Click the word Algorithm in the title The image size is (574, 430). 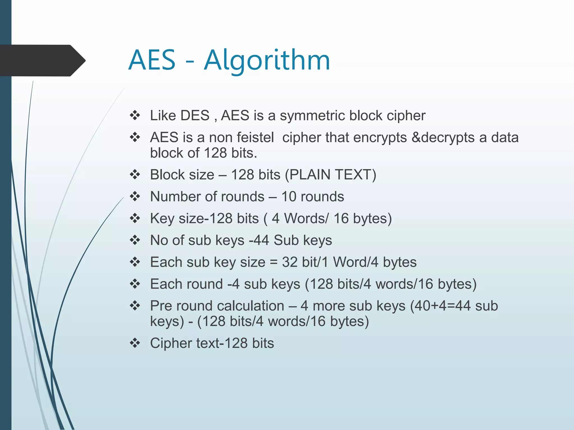tap(267, 60)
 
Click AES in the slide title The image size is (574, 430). tap(152, 60)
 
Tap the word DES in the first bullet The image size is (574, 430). tap(195, 116)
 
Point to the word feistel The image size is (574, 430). tap(255, 137)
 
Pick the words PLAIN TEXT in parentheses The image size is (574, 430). tap(330, 175)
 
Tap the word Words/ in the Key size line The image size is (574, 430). tap(306, 218)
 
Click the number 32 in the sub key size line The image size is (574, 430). tap(290, 262)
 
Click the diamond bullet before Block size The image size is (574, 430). tap(135, 175)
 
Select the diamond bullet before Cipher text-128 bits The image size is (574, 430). tap(135, 343)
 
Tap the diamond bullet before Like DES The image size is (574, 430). tap(135, 116)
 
